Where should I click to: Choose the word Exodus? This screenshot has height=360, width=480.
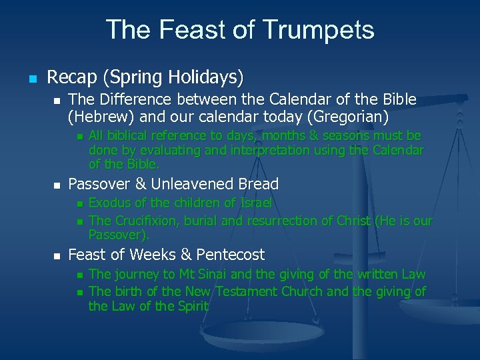point(110,203)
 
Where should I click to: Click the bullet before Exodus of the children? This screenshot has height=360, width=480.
point(79,203)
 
